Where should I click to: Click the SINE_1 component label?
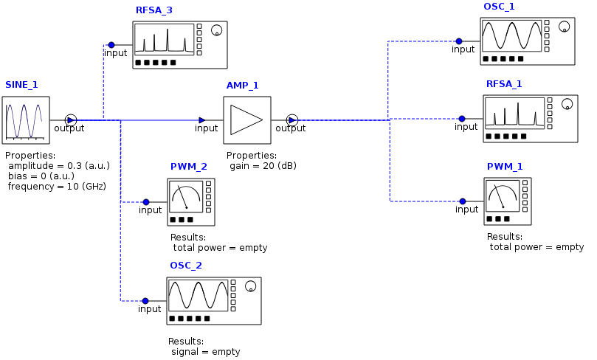tap(21, 85)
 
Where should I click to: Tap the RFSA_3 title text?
tap(153, 10)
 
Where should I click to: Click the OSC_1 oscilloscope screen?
tap(511, 35)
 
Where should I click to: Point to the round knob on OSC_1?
tap(565, 27)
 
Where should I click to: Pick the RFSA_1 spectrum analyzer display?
tap(514, 114)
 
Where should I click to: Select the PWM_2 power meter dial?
tap(186, 196)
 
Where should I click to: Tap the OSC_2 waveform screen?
tap(198, 295)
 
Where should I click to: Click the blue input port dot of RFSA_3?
tap(111, 44)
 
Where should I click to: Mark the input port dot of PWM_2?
tap(146, 201)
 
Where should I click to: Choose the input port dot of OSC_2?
tap(145, 300)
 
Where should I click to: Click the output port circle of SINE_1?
tap(70, 120)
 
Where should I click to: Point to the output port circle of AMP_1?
tap(291, 120)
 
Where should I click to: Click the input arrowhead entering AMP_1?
tap(202, 120)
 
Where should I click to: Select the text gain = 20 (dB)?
tap(263, 166)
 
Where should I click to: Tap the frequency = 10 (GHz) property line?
tap(57, 187)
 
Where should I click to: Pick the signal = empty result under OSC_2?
tap(205, 352)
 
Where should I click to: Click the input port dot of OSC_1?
tap(459, 41)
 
